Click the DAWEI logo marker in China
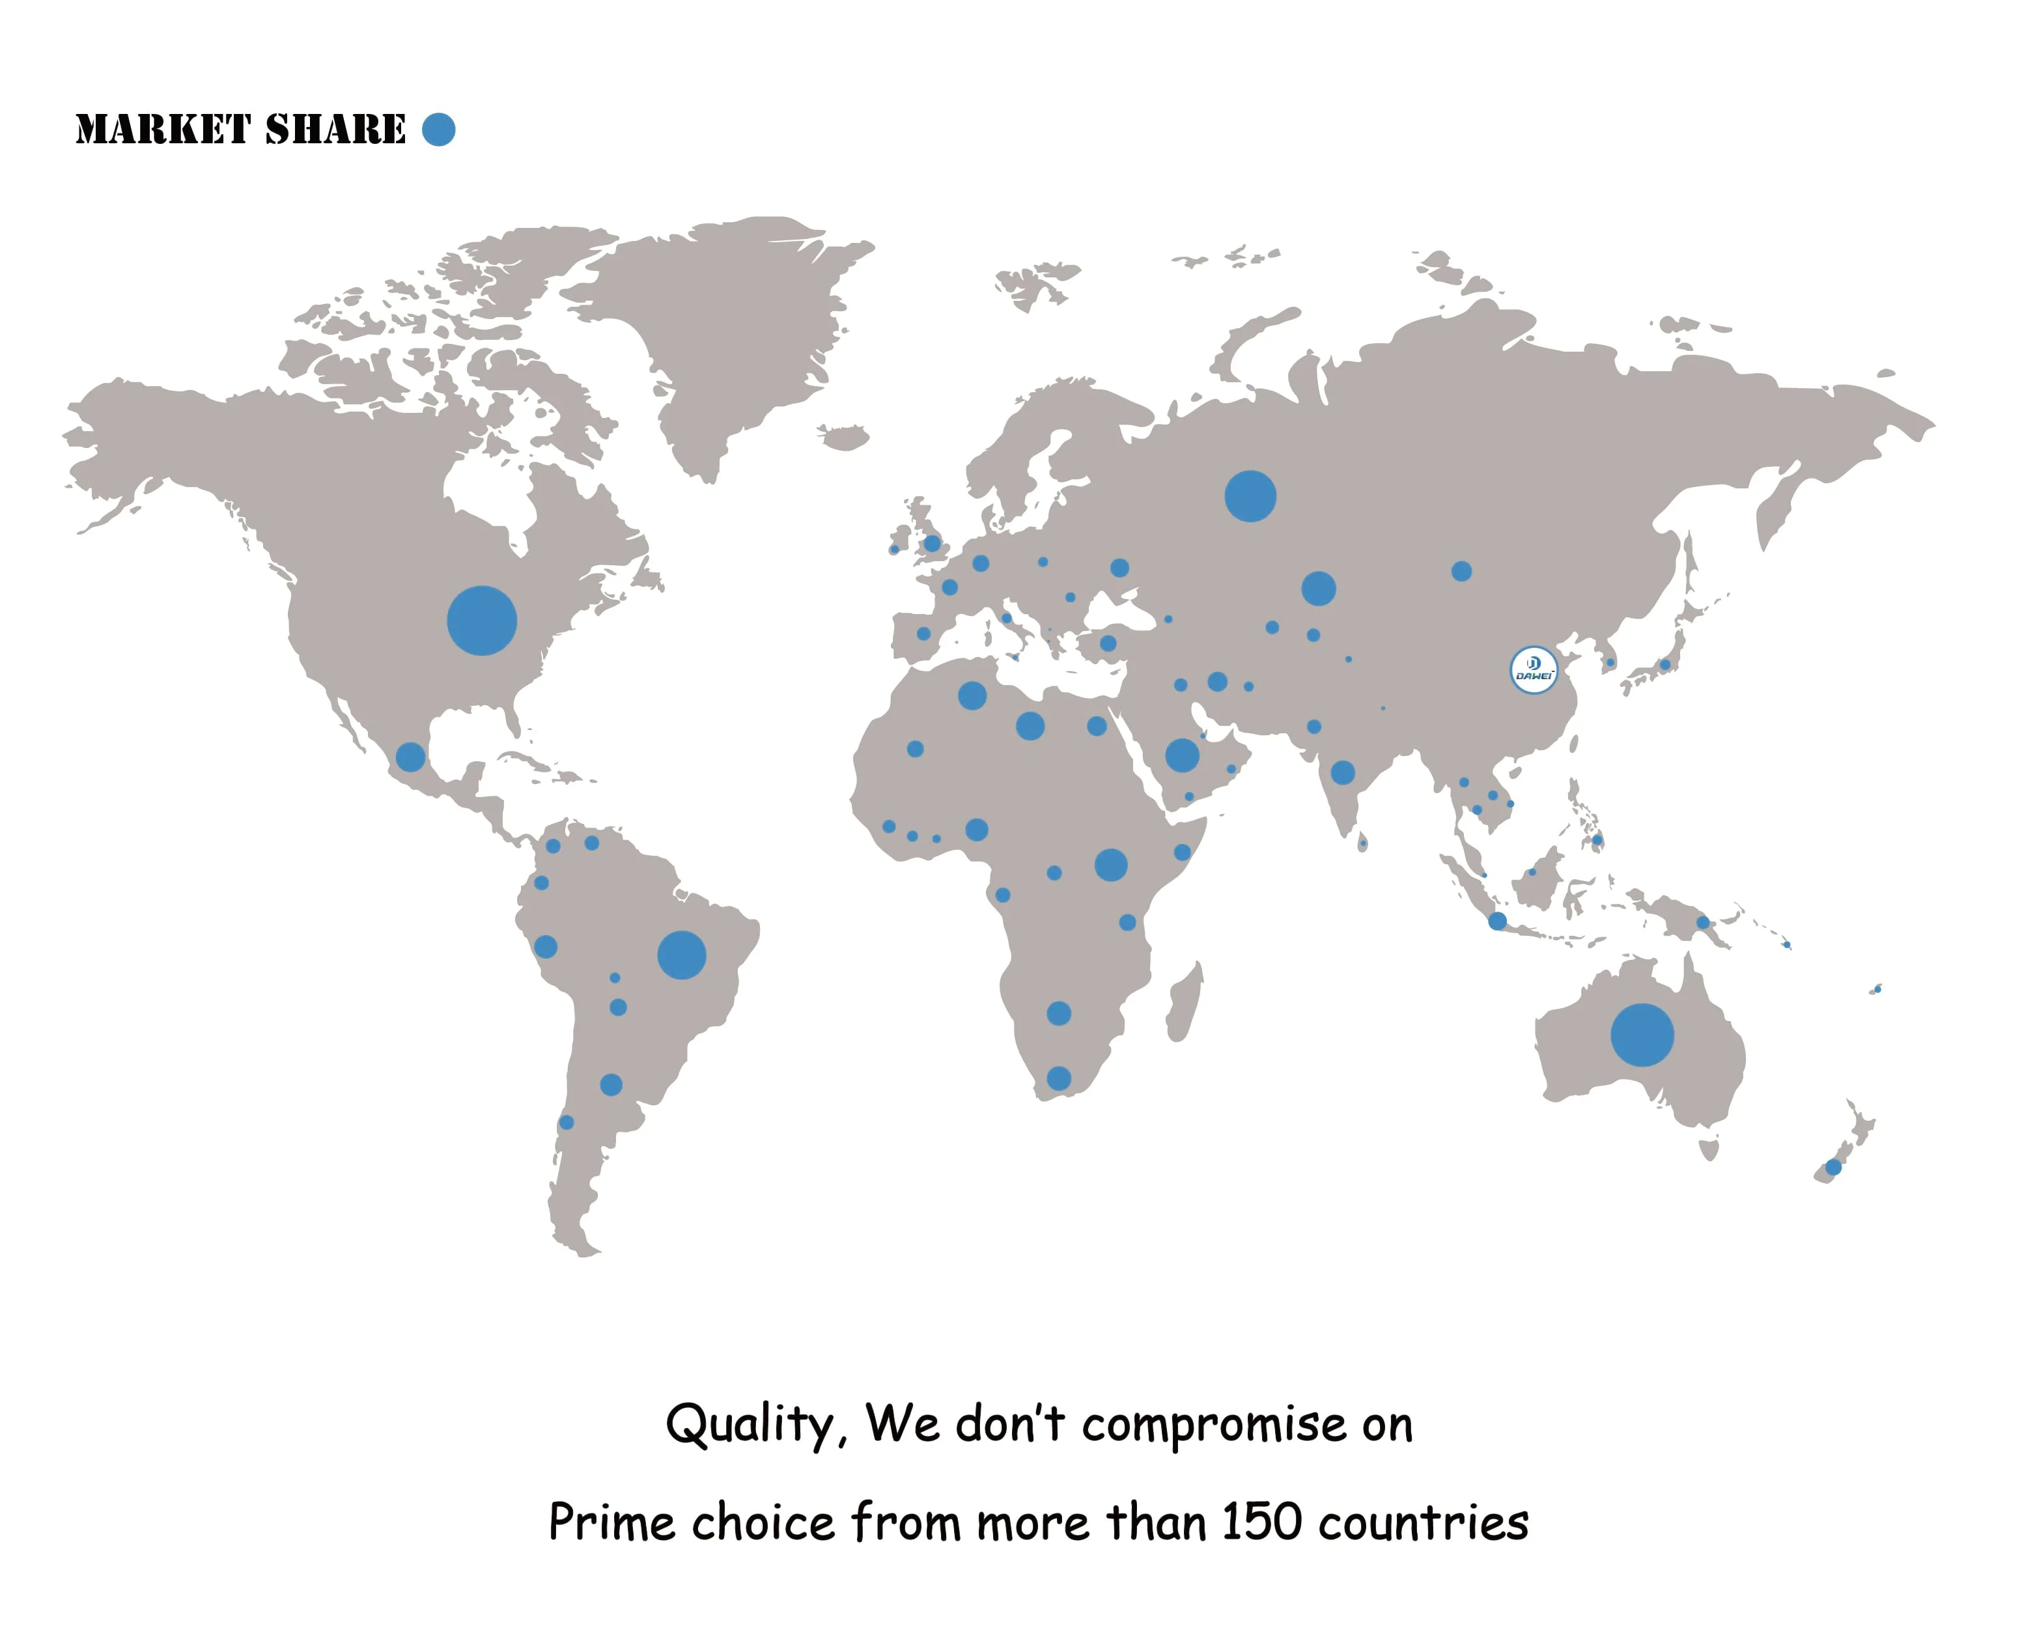tap(1533, 669)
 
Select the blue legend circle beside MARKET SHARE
tap(438, 130)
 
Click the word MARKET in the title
tap(162, 130)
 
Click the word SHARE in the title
tap(335, 130)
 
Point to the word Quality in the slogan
tap(750, 1424)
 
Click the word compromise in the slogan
tap(1213, 1425)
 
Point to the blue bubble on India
tap(1342, 773)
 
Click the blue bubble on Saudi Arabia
tap(1182, 755)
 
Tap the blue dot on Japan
tap(1665, 664)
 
